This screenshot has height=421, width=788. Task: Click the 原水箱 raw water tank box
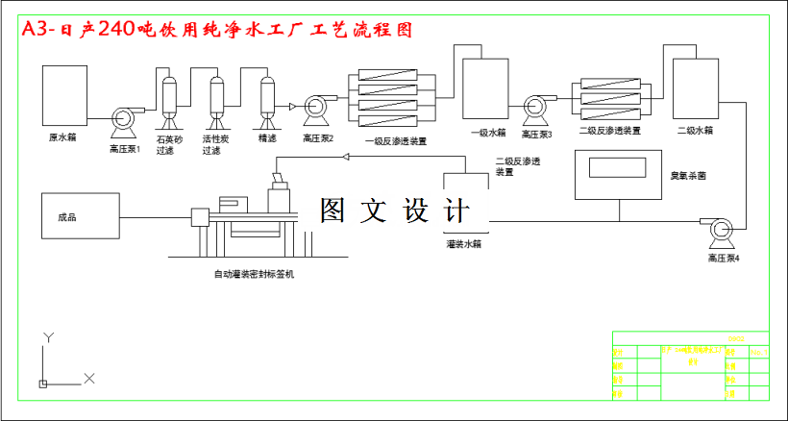[63, 95]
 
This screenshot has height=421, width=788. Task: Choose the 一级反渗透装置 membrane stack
[394, 95]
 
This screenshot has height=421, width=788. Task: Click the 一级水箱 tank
[486, 89]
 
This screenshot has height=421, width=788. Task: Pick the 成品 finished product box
[79, 217]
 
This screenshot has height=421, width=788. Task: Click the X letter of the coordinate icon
[89, 379]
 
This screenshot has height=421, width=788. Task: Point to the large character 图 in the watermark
[333, 211]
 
